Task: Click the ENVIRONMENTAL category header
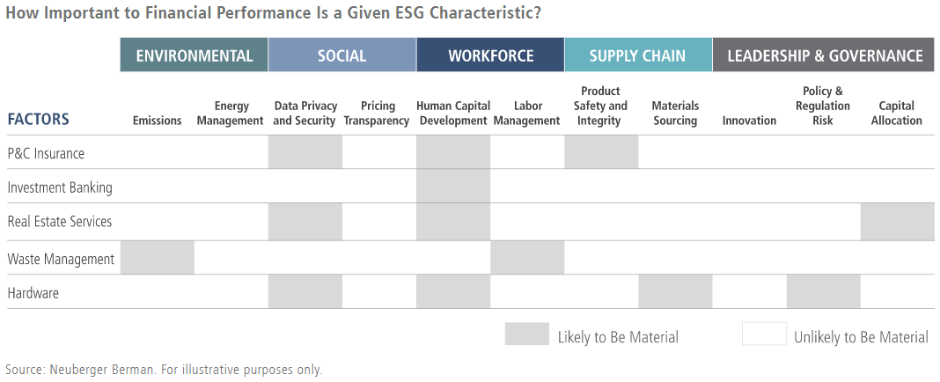tap(195, 55)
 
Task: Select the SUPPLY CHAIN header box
tap(638, 55)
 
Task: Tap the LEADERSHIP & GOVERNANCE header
tap(824, 55)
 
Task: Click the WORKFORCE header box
tap(490, 55)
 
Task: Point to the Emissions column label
tap(157, 121)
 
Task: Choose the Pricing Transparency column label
tap(377, 114)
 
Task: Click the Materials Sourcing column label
tap(675, 114)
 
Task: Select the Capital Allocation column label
tap(897, 114)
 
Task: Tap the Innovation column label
tap(749, 121)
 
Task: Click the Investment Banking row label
tap(60, 187)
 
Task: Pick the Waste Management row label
tap(61, 260)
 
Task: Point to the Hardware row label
tap(33, 293)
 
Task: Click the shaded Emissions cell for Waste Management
tap(157, 257)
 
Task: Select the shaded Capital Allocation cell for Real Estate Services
tap(898, 221)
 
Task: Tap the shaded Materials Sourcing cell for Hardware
tap(675, 291)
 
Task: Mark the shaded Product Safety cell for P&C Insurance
tap(601, 151)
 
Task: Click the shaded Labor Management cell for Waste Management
tap(527, 257)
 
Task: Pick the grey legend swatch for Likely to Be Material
tap(527, 334)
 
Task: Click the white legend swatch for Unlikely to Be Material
tap(764, 334)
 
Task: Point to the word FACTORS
tap(39, 120)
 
